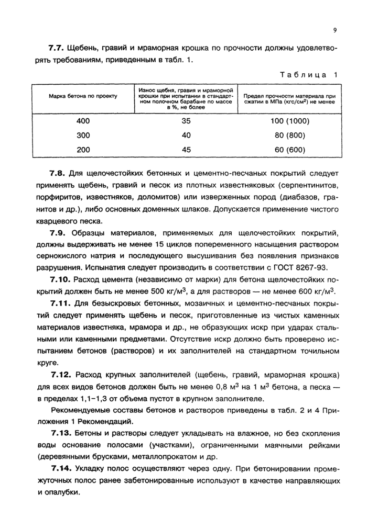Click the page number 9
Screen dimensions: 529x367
click(334, 30)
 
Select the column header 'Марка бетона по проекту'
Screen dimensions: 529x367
click(83, 97)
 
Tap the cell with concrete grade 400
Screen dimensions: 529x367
click(83, 121)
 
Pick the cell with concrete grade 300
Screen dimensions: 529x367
click(83, 135)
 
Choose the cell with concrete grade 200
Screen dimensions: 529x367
click(83, 149)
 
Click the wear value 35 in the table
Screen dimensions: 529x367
click(186, 121)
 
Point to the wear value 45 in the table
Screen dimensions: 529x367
click(186, 149)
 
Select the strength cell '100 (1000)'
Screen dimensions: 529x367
click(290, 121)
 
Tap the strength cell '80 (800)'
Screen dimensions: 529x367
click(290, 135)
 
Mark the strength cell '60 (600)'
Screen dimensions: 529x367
click(290, 149)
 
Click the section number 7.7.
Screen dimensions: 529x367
click(56, 48)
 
